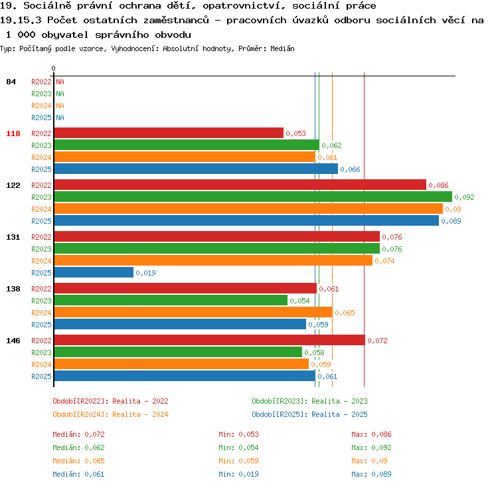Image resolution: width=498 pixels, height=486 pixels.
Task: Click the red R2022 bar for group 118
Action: click(x=169, y=133)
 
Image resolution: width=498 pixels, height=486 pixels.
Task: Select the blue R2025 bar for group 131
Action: click(x=94, y=272)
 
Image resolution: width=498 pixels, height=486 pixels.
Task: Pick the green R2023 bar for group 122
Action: click(x=253, y=197)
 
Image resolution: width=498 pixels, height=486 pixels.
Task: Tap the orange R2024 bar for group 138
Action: click(x=193, y=312)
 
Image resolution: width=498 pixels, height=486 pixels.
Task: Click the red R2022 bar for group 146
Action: click(x=210, y=340)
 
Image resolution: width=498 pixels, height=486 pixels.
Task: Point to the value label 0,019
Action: click(x=146, y=273)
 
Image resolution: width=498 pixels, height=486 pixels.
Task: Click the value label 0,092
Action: click(x=464, y=197)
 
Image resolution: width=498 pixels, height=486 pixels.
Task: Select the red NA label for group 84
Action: click(x=60, y=82)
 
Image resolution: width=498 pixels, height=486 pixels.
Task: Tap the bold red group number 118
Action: click(x=13, y=133)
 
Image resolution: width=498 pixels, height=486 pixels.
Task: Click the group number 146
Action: click(x=13, y=341)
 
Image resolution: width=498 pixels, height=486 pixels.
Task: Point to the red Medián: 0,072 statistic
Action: click(x=78, y=434)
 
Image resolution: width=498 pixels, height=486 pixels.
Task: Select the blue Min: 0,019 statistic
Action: click(x=238, y=474)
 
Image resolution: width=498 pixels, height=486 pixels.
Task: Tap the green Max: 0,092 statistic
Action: click(x=371, y=447)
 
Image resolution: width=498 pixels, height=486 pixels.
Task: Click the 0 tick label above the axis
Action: click(x=53, y=68)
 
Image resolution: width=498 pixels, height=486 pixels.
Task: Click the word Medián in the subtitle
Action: click(x=282, y=48)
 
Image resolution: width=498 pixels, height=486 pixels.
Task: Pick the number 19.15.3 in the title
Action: click(x=21, y=21)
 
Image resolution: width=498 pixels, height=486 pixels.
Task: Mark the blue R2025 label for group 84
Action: click(x=41, y=118)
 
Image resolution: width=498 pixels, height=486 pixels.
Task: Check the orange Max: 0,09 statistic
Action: click(x=369, y=461)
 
